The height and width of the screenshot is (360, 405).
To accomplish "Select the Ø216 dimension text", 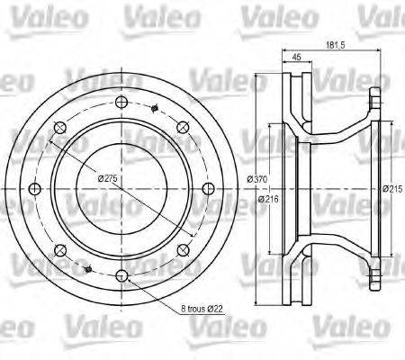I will click(x=267, y=199).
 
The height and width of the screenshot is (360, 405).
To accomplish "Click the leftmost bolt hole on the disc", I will click(x=34, y=187).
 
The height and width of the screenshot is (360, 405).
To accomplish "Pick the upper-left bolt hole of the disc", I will click(x=59, y=125).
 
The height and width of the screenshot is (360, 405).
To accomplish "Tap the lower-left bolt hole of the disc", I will click(x=59, y=248).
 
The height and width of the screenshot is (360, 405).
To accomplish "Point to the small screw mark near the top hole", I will click(x=155, y=109).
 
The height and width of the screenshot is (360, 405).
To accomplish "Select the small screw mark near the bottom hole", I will click(x=87, y=266).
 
